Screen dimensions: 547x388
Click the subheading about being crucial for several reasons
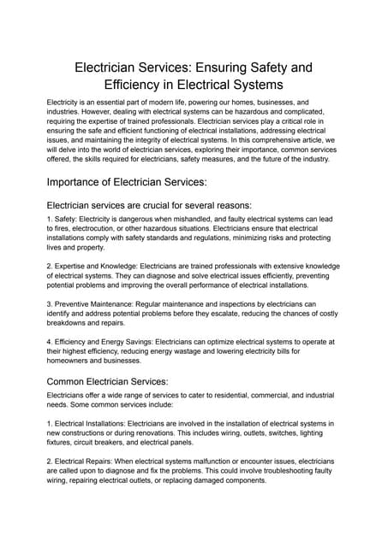click(149, 205)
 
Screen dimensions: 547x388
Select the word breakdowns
click(71, 323)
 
